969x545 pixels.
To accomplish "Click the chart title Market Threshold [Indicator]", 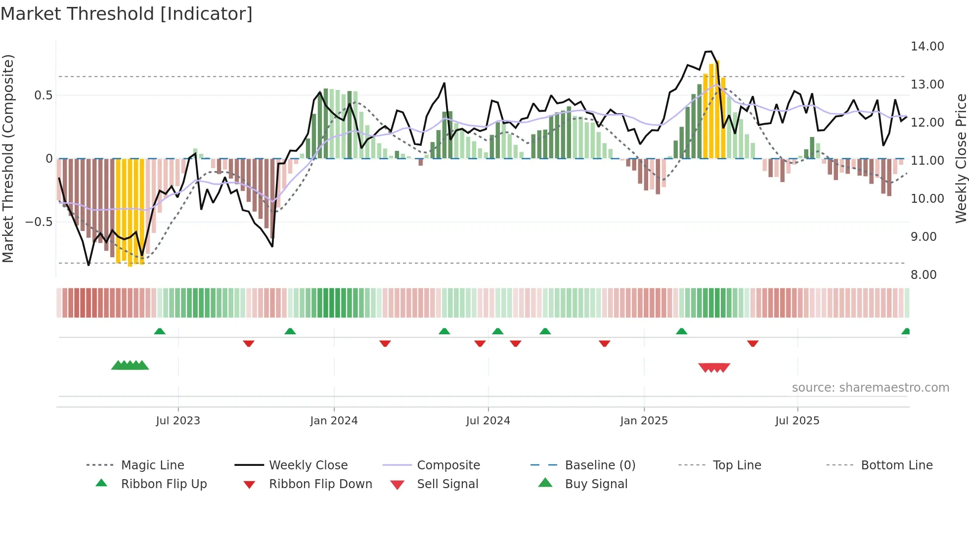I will click(127, 14).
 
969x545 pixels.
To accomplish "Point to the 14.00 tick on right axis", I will click(927, 46).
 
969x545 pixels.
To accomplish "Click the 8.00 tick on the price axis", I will click(924, 275).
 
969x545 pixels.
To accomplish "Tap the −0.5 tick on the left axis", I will click(39, 222).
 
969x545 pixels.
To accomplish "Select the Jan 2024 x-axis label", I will click(334, 421).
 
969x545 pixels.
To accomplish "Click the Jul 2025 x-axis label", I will click(797, 421).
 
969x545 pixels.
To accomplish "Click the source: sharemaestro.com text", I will click(870, 388).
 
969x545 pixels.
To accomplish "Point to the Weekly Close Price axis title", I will click(961, 158).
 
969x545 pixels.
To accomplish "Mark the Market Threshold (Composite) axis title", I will click(8, 158).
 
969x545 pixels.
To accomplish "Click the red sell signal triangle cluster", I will click(714, 367).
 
